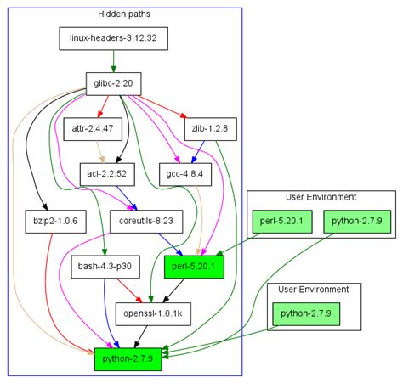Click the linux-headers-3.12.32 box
point(113,39)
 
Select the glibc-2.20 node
point(113,84)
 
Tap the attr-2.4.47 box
point(93,129)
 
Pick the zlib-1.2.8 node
point(210,129)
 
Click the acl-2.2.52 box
point(107,174)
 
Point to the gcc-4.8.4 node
point(185,174)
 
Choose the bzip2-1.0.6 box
point(55,222)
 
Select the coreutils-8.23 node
point(146,222)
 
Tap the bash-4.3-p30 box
point(105,267)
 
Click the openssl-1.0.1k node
point(153,314)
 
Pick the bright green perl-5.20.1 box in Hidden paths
point(194,267)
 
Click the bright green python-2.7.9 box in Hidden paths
point(128,359)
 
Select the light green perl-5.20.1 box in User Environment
point(282,222)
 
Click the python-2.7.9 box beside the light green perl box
point(357,222)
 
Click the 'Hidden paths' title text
point(124,14)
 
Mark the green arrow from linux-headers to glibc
point(113,61)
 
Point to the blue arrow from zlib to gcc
point(198,152)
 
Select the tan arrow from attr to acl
point(100,152)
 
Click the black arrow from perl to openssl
point(173,290)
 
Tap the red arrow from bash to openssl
point(129,290)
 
